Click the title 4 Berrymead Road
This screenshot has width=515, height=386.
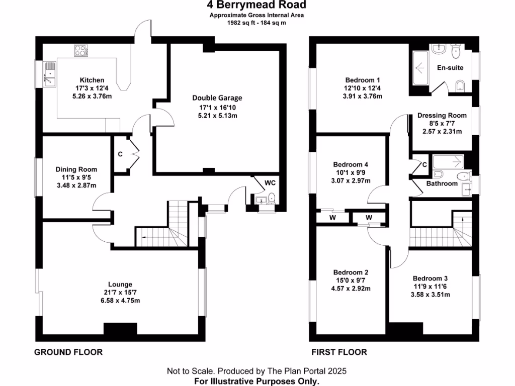click(256, 6)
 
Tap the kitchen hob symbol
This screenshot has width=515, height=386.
click(80, 50)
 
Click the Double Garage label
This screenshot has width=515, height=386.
click(217, 98)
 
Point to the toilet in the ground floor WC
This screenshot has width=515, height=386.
click(272, 198)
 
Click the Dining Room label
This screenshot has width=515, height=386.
click(76, 169)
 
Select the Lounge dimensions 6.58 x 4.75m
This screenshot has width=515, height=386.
click(119, 301)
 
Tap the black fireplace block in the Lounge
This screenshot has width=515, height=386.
click(120, 329)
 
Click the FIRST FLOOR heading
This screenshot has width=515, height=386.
click(339, 352)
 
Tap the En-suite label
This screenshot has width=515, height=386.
click(450, 67)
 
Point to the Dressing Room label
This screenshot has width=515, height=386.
click(442, 115)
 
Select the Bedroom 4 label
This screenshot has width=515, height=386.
click(351, 164)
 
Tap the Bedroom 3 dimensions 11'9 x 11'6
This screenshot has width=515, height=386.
click(430, 286)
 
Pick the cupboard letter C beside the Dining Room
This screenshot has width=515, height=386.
click(120, 154)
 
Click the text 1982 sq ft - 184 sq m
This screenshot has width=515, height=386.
click(256, 23)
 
